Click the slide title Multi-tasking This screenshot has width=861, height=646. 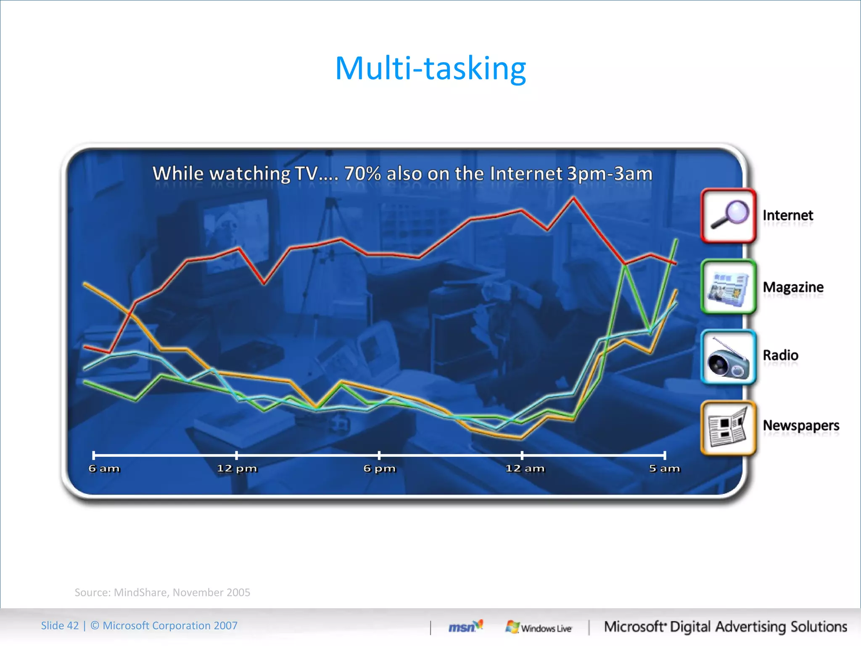430,68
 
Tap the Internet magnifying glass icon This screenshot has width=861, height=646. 729,215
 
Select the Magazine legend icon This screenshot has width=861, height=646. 729,287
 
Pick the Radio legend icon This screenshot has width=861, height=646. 729,357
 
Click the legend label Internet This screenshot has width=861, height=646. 787,215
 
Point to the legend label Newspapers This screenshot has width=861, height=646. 801,426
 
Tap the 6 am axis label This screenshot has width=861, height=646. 104,469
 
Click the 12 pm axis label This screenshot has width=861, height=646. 237,469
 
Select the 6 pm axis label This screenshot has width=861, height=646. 380,469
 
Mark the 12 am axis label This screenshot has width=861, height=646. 525,469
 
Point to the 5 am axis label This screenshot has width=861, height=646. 664,469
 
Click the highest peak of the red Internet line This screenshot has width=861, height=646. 574,198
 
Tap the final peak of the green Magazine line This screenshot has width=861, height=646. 676,240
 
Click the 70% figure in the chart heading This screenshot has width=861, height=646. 362,174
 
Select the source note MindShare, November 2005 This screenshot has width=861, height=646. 162,592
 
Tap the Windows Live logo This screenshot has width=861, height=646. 539,627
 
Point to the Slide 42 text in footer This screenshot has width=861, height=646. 60,625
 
